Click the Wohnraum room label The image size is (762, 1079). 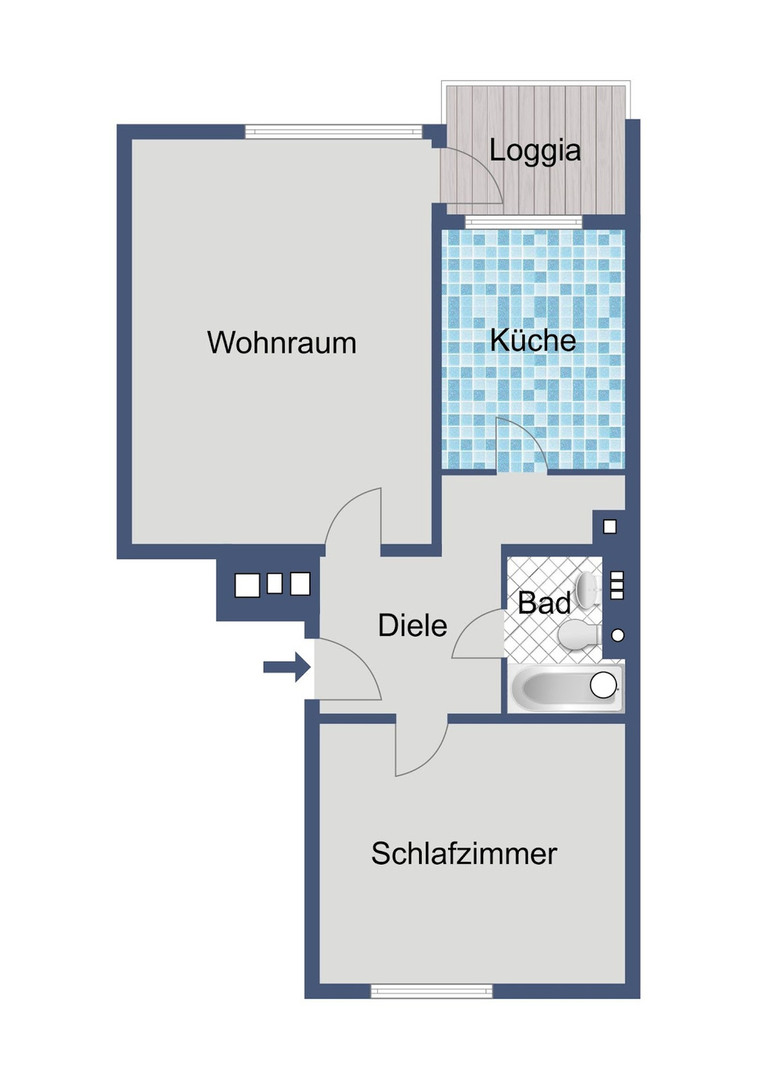pyautogui.click(x=282, y=342)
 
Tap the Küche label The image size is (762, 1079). pyautogui.click(x=533, y=340)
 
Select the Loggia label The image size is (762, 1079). pyautogui.click(x=535, y=151)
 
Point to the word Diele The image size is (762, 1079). pyautogui.click(x=412, y=625)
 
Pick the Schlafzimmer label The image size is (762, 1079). pyautogui.click(x=464, y=866)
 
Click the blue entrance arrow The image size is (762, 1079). pyautogui.click(x=286, y=667)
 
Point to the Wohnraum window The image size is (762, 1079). pyautogui.click(x=334, y=131)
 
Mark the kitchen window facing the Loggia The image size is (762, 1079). pyautogui.click(x=523, y=222)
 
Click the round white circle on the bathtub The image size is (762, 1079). pyautogui.click(x=604, y=686)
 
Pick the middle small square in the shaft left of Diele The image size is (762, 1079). pyautogui.click(x=274, y=583)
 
